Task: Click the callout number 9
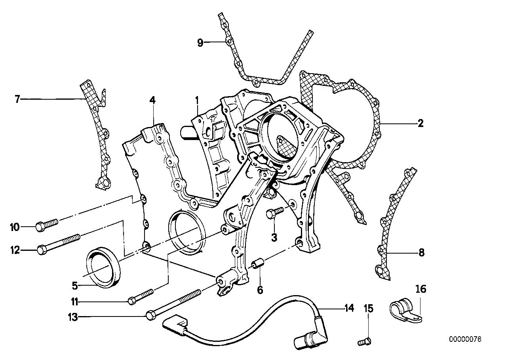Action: tap(200, 42)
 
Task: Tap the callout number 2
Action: tap(420, 123)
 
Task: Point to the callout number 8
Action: tap(421, 252)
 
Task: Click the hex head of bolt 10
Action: tap(40, 226)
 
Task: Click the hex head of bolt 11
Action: tap(131, 301)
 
